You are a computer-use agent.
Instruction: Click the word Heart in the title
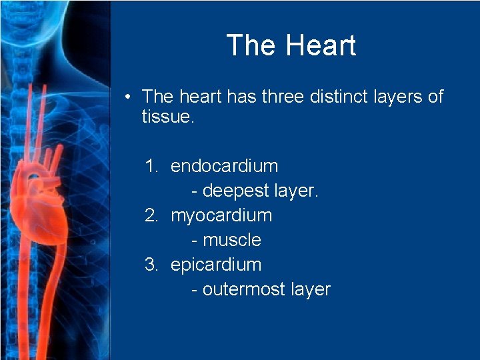tap(321, 45)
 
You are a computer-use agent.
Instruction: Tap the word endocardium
tap(224, 166)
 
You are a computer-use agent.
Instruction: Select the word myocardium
tap(221, 215)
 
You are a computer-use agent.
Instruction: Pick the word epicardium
tap(216, 265)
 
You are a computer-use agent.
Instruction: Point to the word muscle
tap(231, 240)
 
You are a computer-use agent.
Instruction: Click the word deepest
tap(235, 191)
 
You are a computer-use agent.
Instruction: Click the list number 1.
tap(151, 166)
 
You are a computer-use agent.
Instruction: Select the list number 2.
tap(151, 215)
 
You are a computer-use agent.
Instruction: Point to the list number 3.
tap(151, 265)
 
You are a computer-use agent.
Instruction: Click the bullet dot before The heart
tap(127, 97)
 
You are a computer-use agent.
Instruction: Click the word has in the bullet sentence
tap(241, 97)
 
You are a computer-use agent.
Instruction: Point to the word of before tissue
tap(435, 97)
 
